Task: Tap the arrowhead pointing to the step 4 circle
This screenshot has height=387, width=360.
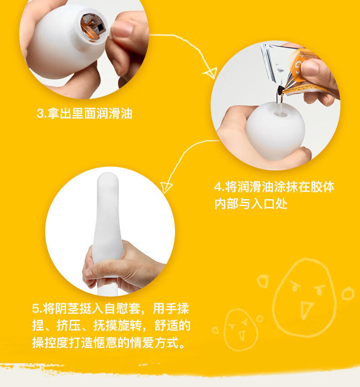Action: (210, 73)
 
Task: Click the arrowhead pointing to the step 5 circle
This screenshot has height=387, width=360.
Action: (166, 187)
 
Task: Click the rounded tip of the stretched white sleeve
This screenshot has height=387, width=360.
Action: (108, 180)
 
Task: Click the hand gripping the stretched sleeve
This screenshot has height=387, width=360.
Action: (123, 267)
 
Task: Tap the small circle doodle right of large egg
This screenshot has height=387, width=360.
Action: (348, 293)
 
